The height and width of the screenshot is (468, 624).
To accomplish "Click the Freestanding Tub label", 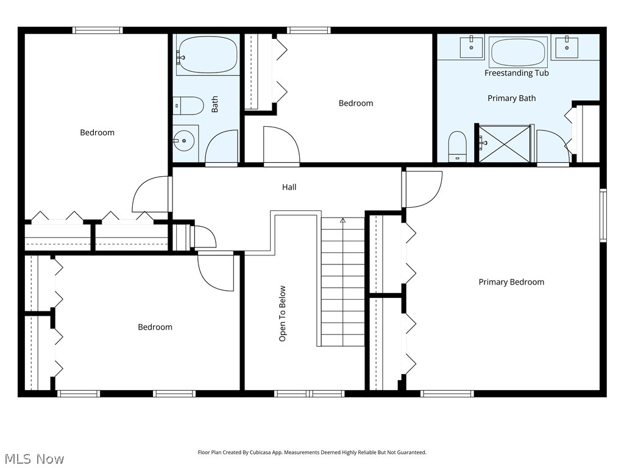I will coord(516,73).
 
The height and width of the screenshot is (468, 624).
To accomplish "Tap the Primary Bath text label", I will coord(511,98).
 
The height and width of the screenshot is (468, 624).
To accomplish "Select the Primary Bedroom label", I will coord(511,282).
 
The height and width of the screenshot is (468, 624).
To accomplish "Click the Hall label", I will coord(289,187).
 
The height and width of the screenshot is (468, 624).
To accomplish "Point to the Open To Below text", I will coord(282,313).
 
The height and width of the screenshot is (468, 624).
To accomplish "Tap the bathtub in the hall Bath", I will coord(207,55).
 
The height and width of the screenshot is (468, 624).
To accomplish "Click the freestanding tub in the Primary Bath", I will coord(518,52).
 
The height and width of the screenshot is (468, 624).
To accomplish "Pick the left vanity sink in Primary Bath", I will coord(471,48).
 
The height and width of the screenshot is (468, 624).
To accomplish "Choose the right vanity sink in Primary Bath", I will coord(566,48).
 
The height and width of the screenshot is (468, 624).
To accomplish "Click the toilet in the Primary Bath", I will coord(457,146).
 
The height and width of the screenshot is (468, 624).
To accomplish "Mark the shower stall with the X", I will coord(505,144).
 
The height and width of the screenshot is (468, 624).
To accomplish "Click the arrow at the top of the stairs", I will coord(343,221).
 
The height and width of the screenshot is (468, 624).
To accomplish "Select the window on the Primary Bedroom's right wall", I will coord(603,215).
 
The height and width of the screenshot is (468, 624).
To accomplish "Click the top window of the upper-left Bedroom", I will coord(97,30).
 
